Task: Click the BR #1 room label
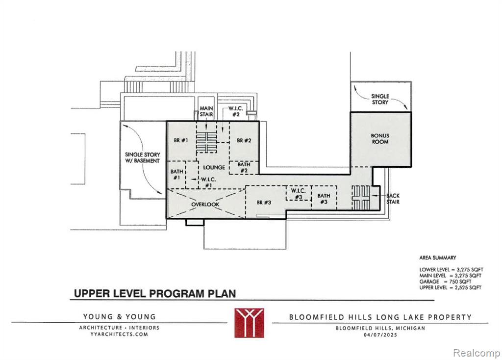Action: coord(181,140)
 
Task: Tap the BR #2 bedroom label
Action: coord(244,140)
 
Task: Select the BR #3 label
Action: coord(264,203)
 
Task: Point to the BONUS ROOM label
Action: coord(380,139)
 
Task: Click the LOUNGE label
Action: coord(214,167)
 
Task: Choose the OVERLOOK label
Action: coord(205,205)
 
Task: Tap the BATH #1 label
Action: coord(176,175)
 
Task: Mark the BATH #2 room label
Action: coord(244,168)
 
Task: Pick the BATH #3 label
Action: coord(324,199)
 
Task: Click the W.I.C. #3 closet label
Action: coord(299,194)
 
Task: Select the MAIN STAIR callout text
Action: coord(206,111)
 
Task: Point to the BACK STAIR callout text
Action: coord(393,199)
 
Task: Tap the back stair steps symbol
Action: coord(361,198)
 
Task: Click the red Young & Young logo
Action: coord(249,323)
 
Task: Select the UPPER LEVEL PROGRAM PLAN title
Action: coord(155,294)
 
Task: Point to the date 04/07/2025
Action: coord(380,334)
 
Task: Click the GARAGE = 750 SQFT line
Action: coord(445,282)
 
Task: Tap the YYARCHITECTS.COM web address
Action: coord(119,334)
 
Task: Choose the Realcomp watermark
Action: coord(477,353)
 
